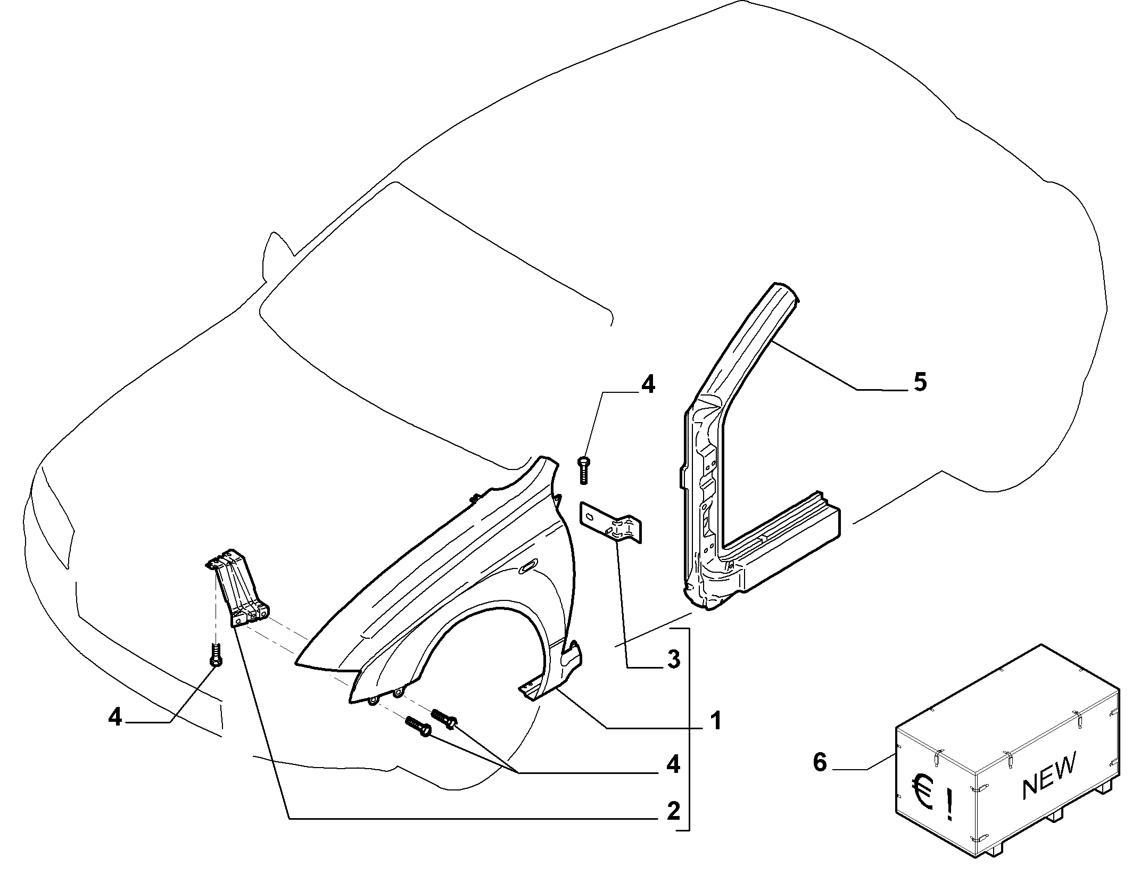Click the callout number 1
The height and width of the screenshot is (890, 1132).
click(717, 721)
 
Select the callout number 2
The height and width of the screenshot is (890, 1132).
click(673, 811)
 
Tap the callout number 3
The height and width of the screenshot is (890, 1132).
click(673, 660)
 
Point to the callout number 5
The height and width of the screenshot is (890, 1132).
click(920, 382)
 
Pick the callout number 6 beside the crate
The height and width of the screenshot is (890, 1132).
click(820, 762)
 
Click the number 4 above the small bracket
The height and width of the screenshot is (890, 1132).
click(647, 384)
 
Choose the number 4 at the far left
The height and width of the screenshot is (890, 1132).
click(114, 718)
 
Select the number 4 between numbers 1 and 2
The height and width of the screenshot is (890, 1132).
click(673, 765)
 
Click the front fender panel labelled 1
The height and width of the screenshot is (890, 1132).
click(442, 596)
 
